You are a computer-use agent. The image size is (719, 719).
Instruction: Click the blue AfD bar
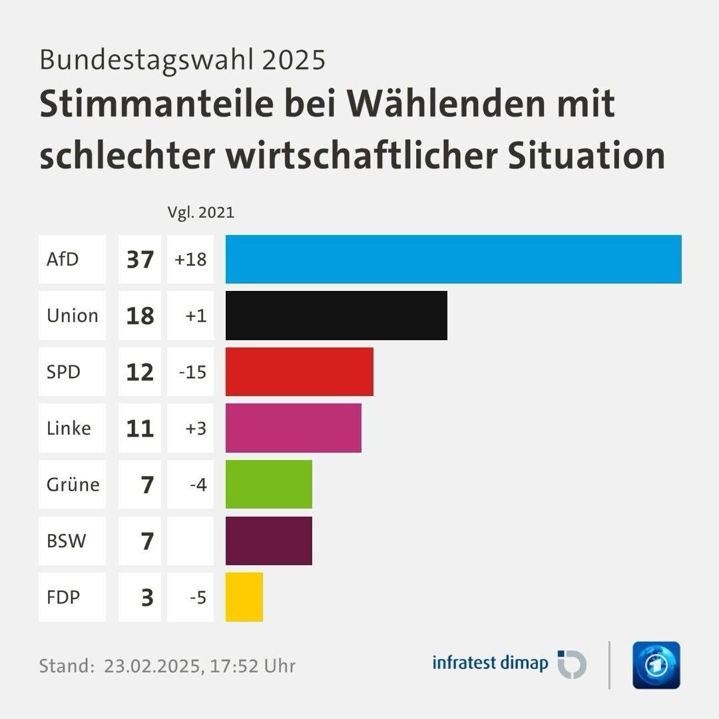pyautogui.click(x=453, y=259)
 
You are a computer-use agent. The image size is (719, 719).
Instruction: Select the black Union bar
pyautogui.click(x=336, y=316)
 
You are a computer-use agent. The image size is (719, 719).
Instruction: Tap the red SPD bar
pyautogui.click(x=300, y=371)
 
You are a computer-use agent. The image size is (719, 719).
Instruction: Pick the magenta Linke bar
pyautogui.click(x=294, y=428)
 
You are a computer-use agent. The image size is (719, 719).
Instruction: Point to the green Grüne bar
pyautogui.click(x=269, y=484)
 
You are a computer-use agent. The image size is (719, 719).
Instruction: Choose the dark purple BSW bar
pyautogui.click(x=269, y=541)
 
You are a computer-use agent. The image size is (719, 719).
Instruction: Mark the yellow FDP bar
pyautogui.click(x=244, y=597)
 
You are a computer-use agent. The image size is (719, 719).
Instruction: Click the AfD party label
pyautogui.click(x=63, y=259)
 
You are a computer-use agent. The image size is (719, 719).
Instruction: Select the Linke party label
pyautogui.click(x=69, y=428)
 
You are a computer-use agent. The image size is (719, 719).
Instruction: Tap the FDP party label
pyautogui.click(x=63, y=597)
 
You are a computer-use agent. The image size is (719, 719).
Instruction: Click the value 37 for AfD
pyautogui.click(x=140, y=259)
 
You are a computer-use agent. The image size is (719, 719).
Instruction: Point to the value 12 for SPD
pyautogui.click(x=140, y=371)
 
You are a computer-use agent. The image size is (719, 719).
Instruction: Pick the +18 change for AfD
pyautogui.click(x=190, y=259)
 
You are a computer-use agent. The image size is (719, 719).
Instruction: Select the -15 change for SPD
pyautogui.click(x=192, y=371)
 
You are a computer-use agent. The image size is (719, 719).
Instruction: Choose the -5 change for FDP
pyautogui.click(x=197, y=597)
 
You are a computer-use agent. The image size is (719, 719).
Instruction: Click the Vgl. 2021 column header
pyautogui.click(x=200, y=213)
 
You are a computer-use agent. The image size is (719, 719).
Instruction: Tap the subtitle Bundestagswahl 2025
pyautogui.click(x=182, y=59)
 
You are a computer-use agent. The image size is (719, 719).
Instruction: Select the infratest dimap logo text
pyautogui.click(x=490, y=663)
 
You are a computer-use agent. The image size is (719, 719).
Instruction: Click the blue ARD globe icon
pyautogui.click(x=656, y=665)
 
